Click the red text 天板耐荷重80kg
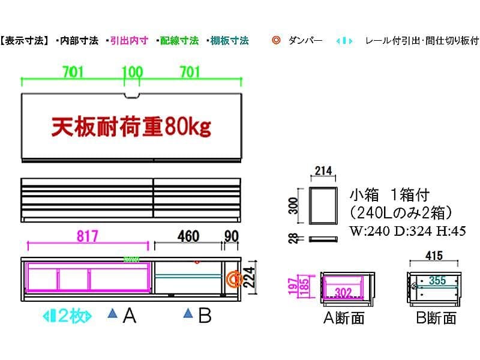[131, 127]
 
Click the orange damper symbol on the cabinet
[233, 279]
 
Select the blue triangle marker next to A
[112, 313]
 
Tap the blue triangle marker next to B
[188, 313]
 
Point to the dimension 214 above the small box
[322, 171]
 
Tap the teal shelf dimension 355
[437, 280]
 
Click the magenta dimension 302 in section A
[343, 293]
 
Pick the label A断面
[344, 317]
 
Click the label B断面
[436, 317]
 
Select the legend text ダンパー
[305, 41]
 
